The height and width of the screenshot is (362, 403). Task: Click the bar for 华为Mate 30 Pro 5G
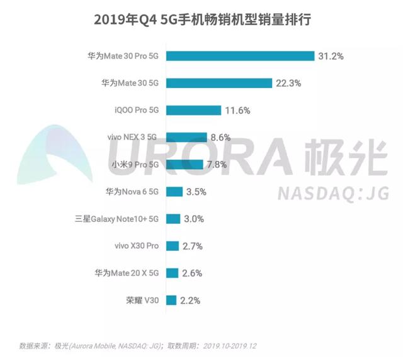point(240,56)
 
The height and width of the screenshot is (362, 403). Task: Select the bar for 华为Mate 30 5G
point(219,83)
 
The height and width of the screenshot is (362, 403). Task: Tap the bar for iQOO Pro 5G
point(193,110)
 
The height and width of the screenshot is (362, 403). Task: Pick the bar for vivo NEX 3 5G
point(186,137)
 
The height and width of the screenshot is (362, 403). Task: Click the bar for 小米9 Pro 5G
point(184,165)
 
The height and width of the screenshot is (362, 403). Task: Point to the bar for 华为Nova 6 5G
point(174,192)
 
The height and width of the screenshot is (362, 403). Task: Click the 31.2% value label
point(330,56)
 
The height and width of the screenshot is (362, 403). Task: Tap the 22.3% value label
point(287,83)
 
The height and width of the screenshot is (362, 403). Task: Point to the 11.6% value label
point(237,111)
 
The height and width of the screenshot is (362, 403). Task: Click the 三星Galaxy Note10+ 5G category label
point(116,219)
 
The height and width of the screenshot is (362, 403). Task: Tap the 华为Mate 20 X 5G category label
point(126,273)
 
